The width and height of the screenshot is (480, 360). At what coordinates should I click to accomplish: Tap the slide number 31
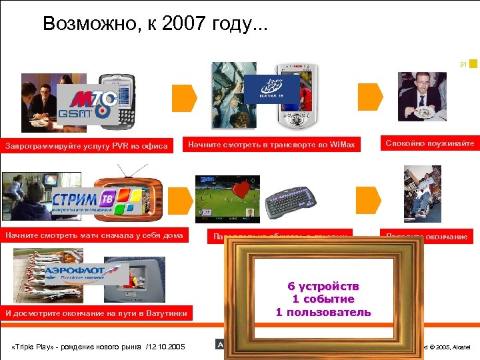tap(463, 65)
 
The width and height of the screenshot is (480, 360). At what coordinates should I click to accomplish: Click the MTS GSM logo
tap(87, 105)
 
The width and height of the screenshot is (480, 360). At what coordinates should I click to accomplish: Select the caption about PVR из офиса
tap(87, 145)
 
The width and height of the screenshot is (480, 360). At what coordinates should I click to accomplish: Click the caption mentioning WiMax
tap(271, 144)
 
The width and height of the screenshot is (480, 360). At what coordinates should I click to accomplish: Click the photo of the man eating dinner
tap(421, 96)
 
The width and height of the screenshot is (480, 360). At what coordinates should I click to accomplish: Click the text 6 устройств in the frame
tap(323, 286)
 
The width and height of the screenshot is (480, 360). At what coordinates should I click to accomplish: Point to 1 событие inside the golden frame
tap(323, 299)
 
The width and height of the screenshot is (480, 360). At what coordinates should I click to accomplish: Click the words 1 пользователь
tap(323, 312)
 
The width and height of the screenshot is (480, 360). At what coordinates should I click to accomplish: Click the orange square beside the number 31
tap(473, 63)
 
